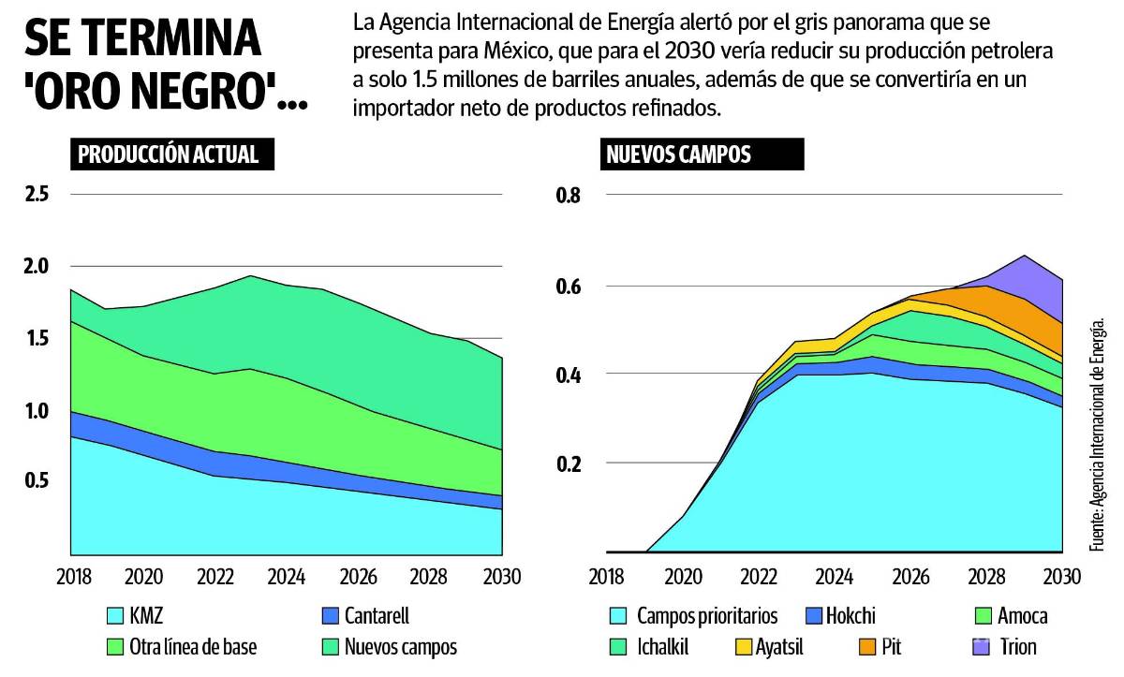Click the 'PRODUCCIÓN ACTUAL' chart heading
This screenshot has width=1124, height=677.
(172, 155)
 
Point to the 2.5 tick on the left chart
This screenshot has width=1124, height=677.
(37, 195)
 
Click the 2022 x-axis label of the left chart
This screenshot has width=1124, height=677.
(215, 573)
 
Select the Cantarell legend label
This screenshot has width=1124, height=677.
(377, 616)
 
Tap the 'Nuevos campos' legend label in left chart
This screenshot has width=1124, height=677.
(400, 646)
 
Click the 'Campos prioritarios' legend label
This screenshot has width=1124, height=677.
(707, 616)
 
